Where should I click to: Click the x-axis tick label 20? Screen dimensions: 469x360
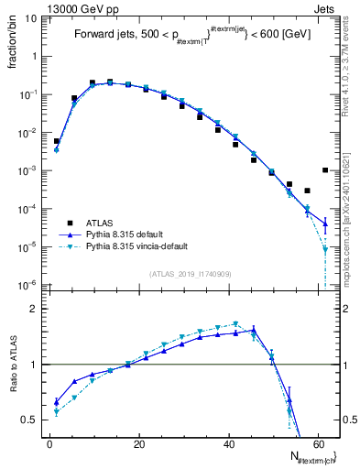click(x=139, y=444)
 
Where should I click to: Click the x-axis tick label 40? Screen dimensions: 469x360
click(x=230, y=444)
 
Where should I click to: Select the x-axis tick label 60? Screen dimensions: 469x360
click(x=320, y=444)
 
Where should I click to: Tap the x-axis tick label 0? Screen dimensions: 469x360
click(x=49, y=444)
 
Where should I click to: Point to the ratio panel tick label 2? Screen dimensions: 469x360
click(x=35, y=309)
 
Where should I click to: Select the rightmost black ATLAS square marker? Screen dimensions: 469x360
click(x=325, y=169)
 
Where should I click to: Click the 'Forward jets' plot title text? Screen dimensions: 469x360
click(x=104, y=35)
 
